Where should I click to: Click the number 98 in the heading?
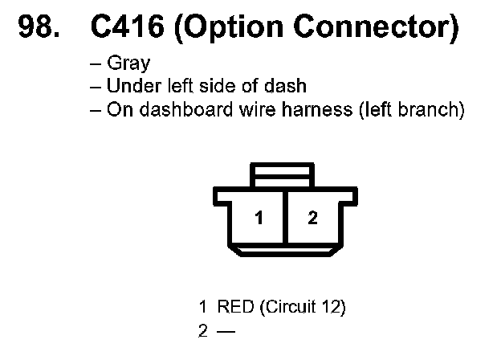click(x=36, y=30)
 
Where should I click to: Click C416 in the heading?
click(x=126, y=30)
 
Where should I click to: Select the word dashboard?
click(x=173, y=109)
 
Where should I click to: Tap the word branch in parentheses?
click(x=434, y=109)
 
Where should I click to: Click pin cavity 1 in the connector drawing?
click(x=259, y=218)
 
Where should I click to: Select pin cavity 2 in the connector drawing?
click(x=312, y=218)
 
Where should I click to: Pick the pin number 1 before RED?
click(x=203, y=307)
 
